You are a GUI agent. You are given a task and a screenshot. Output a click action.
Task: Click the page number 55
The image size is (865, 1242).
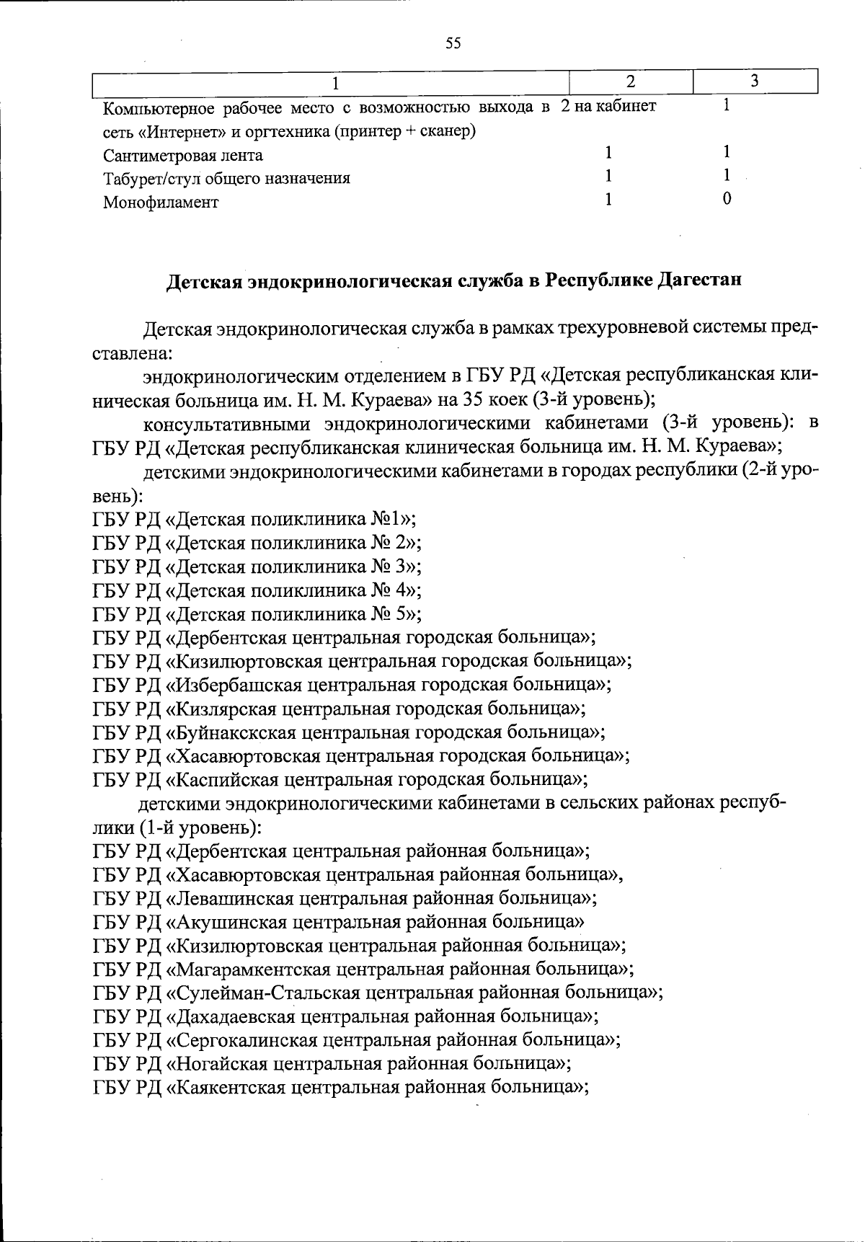point(453,43)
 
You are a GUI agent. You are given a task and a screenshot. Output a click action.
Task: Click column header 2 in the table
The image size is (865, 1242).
point(630,81)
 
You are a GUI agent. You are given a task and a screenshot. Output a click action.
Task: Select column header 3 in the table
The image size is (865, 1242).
point(754,81)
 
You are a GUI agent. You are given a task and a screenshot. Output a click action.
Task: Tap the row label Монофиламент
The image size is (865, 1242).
point(160,203)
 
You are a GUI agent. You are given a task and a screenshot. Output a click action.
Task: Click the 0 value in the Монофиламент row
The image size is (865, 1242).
point(727,199)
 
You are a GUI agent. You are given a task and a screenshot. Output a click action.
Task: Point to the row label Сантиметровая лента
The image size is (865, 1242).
point(183,156)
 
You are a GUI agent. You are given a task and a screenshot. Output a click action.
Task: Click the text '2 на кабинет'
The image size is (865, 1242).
point(608,107)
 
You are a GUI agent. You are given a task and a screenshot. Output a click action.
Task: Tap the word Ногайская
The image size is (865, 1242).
point(221,1064)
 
